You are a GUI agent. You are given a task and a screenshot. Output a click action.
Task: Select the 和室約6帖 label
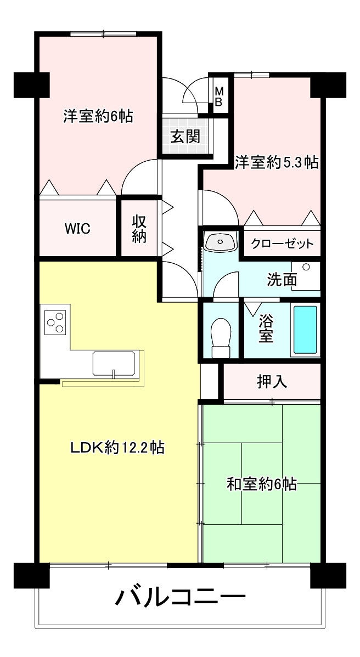(x=262, y=484)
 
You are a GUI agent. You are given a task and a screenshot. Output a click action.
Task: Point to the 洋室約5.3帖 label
(x=277, y=162)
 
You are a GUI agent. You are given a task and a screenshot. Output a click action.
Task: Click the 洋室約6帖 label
(x=98, y=116)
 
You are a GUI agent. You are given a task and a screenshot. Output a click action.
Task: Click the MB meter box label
(x=218, y=96)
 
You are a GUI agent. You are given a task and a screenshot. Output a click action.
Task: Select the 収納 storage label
(x=138, y=229)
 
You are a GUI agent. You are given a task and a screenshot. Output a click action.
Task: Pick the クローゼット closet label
(x=283, y=244)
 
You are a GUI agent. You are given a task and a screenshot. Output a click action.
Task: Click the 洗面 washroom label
(x=282, y=280)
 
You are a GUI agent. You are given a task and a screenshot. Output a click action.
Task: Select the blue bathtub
(x=305, y=330)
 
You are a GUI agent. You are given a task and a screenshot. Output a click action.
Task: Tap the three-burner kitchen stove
(x=55, y=321)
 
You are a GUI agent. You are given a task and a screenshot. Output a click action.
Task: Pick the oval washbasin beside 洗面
(x=220, y=241)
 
